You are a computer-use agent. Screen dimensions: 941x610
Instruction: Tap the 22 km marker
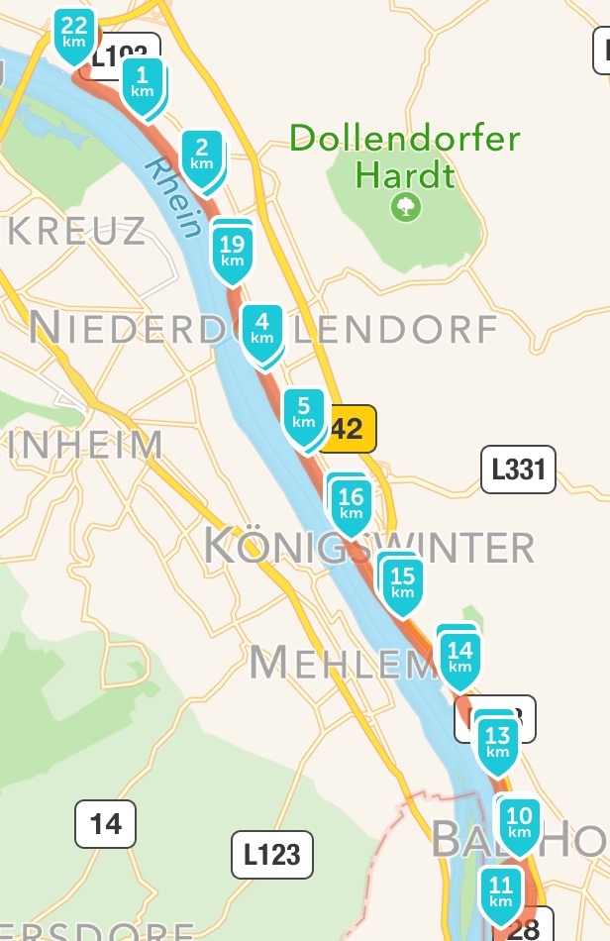(73, 35)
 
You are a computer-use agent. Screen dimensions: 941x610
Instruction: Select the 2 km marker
(202, 156)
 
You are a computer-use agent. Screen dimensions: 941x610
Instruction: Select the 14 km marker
(460, 658)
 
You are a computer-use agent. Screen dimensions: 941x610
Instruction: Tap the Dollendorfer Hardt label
(405, 157)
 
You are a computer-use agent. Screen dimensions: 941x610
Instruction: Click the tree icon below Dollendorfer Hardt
(405, 207)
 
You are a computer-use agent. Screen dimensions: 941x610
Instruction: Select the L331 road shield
(518, 469)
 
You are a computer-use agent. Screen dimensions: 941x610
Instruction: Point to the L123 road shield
(272, 855)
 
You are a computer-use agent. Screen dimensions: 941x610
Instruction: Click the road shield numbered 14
(106, 823)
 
